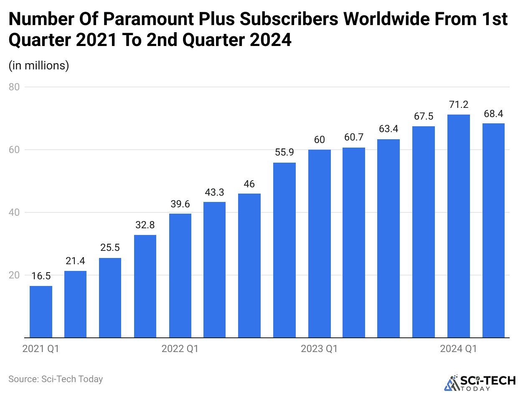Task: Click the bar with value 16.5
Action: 41,311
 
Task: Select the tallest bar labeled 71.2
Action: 458,226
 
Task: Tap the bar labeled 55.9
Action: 284,250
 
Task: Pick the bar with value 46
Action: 249,265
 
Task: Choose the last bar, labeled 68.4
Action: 493,230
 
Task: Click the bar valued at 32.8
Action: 145,286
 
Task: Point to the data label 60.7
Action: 354,138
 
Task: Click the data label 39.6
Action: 180,204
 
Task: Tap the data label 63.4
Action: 388,129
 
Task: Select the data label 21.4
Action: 76,261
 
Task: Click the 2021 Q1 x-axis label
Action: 41,349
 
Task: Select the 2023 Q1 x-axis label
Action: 319,349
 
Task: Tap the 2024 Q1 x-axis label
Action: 458,349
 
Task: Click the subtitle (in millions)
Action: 38,66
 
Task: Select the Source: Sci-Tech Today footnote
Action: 56,379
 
